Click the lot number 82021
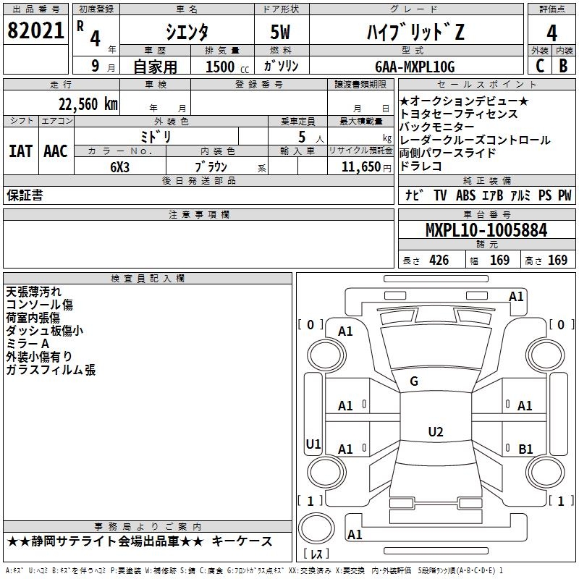(35, 31)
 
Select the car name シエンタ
(187, 32)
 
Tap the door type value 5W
(282, 32)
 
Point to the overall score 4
(551, 33)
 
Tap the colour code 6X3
(120, 166)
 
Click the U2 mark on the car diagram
(435, 432)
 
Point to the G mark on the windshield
(414, 381)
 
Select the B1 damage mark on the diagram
(525, 449)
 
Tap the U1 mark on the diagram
(313, 444)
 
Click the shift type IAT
(21, 151)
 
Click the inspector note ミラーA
(28, 344)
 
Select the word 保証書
(25, 195)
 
